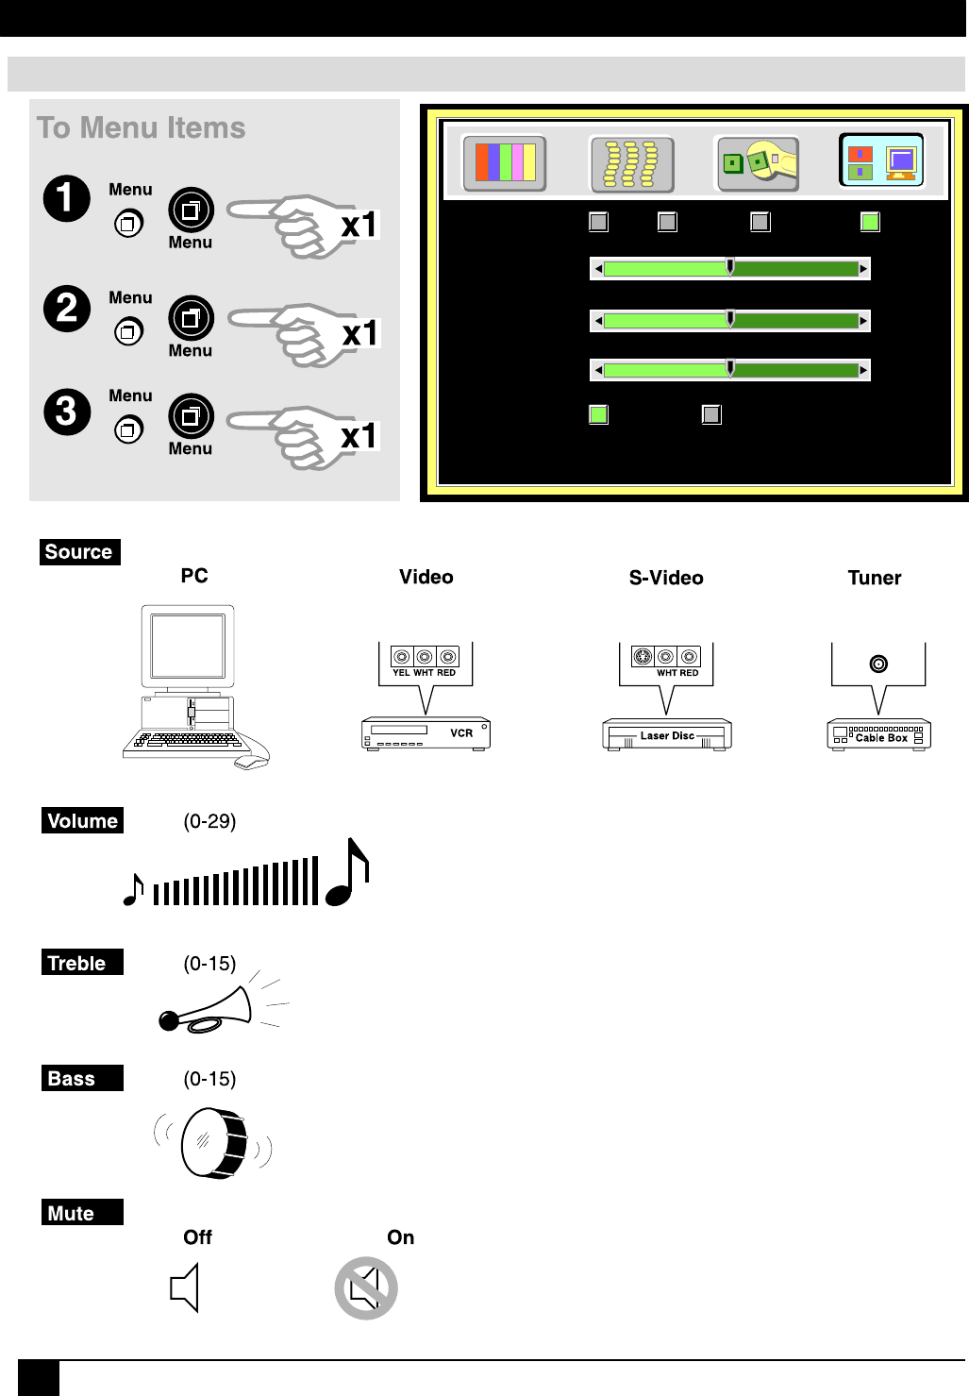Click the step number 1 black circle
(66, 198)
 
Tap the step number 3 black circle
(66, 412)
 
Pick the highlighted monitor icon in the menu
(881, 161)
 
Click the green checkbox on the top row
(870, 222)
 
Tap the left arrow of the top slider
(597, 269)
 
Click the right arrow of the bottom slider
(862, 370)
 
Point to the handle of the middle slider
(730, 319)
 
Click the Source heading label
(79, 552)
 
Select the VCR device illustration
(426, 733)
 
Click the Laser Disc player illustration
(667, 734)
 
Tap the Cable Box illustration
(879, 734)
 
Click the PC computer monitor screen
(188, 645)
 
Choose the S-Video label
(666, 578)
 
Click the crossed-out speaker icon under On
(366, 1288)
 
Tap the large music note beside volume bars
(348, 873)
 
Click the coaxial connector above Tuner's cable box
(878, 664)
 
